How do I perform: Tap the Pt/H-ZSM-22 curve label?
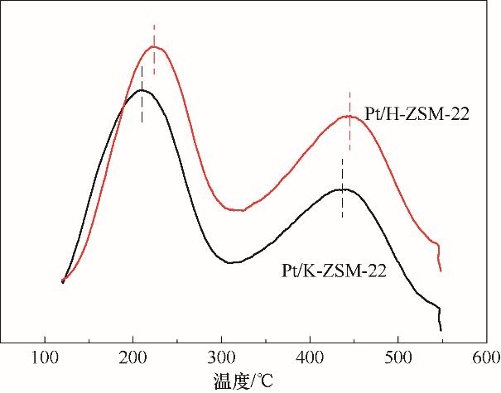point(417,114)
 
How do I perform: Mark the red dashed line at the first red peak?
point(154,36)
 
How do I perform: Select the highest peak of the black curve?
point(142,89)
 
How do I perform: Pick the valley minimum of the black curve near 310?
point(232,262)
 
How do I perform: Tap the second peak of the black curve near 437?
point(342,189)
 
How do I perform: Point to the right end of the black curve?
point(441,330)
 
